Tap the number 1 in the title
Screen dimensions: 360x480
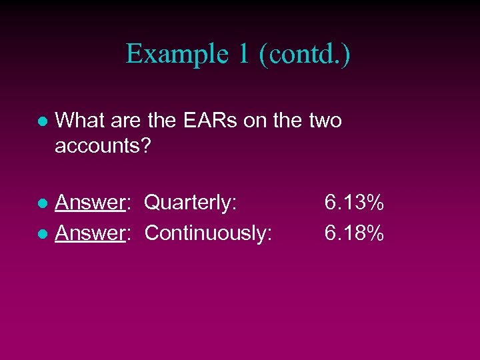(x=241, y=54)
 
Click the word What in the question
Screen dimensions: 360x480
(x=77, y=121)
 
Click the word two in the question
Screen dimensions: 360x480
(x=325, y=121)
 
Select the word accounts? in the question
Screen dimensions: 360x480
(x=103, y=145)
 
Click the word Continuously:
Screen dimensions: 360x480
(x=208, y=233)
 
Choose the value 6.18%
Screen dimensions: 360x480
(x=354, y=233)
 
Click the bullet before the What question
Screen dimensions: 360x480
(x=41, y=123)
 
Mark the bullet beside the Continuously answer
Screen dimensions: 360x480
(x=41, y=234)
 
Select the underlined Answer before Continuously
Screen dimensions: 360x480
(x=91, y=233)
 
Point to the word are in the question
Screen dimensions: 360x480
(x=121, y=121)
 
